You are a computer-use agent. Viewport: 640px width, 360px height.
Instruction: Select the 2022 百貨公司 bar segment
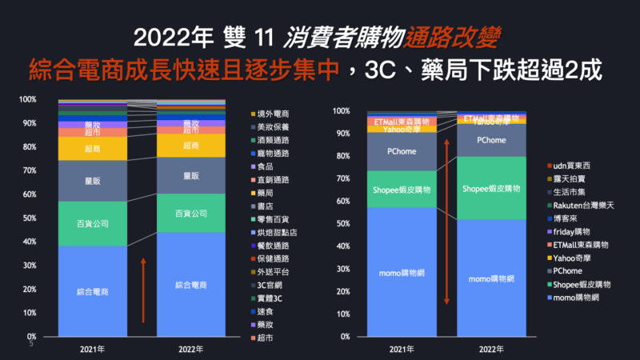point(190,214)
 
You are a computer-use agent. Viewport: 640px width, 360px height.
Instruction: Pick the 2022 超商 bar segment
point(190,146)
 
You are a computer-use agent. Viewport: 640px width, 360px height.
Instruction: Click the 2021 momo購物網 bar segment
point(401,272)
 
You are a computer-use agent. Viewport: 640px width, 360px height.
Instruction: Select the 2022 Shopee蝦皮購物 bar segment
point(492,189)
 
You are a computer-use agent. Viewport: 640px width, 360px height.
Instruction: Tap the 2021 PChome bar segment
point(401,150)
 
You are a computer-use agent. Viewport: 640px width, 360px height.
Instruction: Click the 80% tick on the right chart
point(342,156)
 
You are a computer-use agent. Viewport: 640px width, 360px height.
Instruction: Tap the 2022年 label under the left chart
point(190,350)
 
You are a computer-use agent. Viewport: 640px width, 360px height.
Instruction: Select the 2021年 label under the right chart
point(401,350)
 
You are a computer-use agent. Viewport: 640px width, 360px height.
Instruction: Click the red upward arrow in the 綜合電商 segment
point(143,290)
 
